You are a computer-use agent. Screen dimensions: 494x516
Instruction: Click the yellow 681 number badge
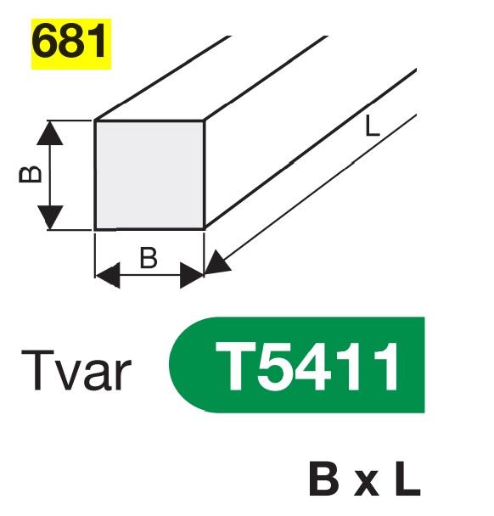71,44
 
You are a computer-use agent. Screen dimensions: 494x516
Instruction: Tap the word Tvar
76,370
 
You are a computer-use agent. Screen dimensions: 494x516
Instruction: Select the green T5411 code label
297,365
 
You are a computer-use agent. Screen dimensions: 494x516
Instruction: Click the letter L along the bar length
373,127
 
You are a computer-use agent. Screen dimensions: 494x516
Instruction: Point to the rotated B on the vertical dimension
31,175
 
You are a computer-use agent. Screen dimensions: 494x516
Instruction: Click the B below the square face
149,258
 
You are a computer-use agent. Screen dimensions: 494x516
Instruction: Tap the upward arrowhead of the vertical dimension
50,132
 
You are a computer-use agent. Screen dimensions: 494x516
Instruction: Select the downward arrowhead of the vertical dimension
50,217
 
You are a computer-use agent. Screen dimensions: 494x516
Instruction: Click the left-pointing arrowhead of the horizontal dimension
107,275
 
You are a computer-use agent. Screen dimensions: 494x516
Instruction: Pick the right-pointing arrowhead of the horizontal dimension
192,276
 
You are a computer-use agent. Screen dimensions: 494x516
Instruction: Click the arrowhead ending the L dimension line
216,262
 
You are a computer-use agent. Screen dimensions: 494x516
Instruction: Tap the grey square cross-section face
149,175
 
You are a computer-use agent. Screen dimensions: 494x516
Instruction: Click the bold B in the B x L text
323,480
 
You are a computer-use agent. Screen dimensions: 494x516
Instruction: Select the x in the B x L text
367,485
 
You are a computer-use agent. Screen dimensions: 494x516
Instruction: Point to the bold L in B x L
408,480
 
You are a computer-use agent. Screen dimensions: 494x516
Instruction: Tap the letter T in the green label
235,366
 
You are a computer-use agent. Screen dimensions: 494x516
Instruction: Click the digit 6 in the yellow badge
44,42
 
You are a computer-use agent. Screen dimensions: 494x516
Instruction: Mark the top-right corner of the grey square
204,121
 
